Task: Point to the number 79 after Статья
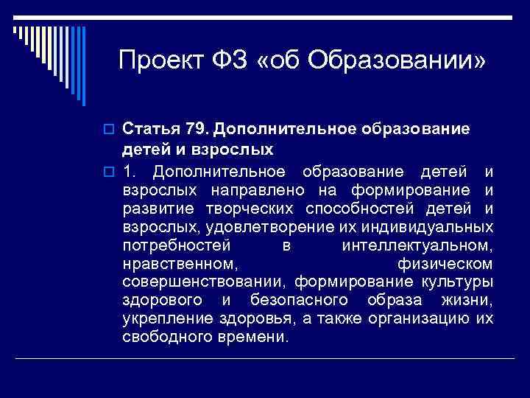pos(195,130)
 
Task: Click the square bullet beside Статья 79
pos(111,130)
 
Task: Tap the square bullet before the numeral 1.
pos(111,172)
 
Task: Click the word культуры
pos(457,282)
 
